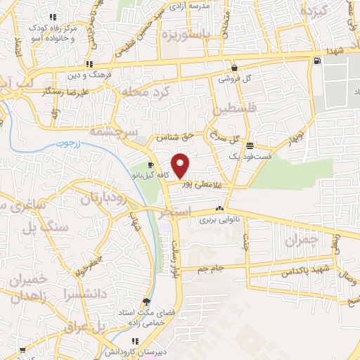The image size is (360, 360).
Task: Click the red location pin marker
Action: [x=181, y=165]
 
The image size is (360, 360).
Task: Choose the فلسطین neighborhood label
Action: [x=233, y=110]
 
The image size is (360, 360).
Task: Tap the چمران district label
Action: [x=302, y=240]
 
